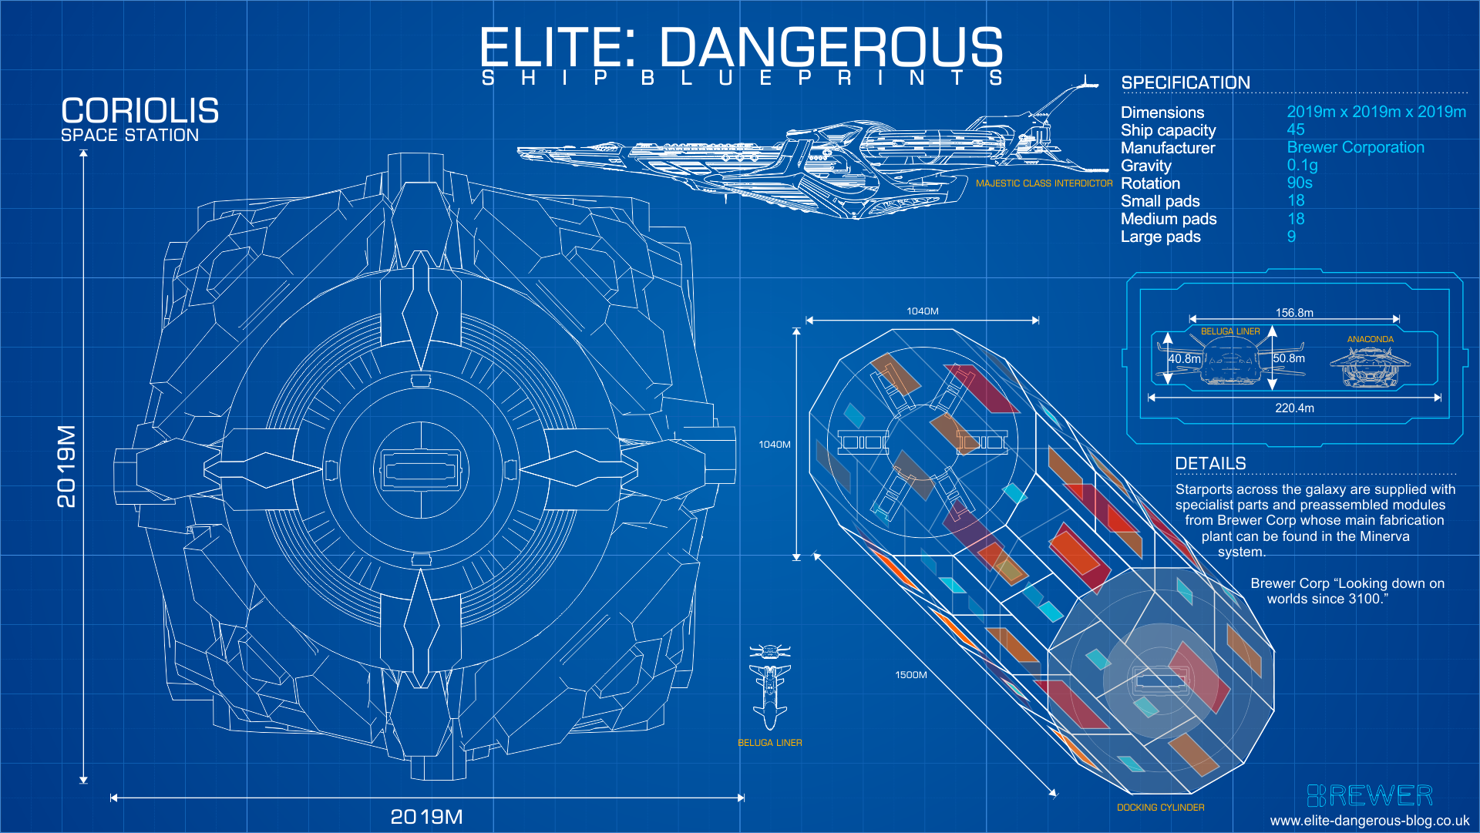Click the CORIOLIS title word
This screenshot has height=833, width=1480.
(140, 111)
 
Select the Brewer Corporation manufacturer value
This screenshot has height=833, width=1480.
(1355, 147)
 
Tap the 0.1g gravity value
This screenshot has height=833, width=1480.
(1302, 165)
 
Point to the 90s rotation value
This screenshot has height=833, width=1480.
(1299, 183)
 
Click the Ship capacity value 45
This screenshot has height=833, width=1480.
(1295, 129)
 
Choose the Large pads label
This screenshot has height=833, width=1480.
(1160, 237)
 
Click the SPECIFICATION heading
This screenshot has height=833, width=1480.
(1185, 82)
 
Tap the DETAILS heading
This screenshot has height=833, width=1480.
(1209, 463)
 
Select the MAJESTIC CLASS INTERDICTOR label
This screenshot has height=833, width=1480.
(1044, 183)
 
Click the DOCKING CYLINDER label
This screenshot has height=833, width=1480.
(1160, 808)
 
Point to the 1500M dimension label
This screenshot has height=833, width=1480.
(910, 675)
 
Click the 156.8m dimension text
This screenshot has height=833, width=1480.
(1293, 313)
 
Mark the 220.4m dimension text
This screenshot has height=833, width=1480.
(1293, 408)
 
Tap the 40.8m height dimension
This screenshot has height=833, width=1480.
(1184, 359)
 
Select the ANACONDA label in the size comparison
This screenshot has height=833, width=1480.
(1370, 339)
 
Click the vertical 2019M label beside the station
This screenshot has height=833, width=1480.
(67, 466)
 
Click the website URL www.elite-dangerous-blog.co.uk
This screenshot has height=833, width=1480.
(1369, 821)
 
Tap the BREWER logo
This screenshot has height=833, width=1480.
(1370, 795)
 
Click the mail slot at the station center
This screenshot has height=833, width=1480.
(420, 470)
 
